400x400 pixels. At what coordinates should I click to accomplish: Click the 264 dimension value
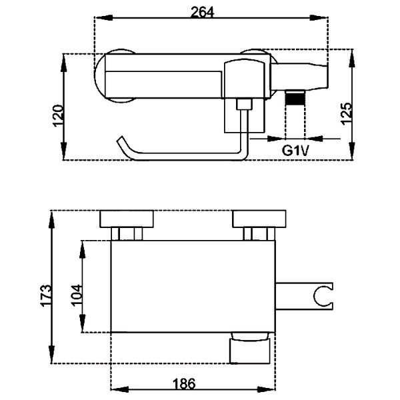(x=203, y=12)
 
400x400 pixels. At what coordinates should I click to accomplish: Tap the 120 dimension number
(x=58, y=115)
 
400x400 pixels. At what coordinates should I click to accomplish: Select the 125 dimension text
(x=347, y=113)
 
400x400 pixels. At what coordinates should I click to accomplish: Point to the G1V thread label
(x=295, y=150)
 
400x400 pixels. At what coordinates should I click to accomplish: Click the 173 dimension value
(x=45, y=295)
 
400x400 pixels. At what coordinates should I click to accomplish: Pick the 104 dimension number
(x=76, y=295)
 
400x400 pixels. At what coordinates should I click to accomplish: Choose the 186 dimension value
(x=184, y=383)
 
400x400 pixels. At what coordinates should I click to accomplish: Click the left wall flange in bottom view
(x=127, y=219)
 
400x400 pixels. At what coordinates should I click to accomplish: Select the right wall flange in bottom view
(x=259, y=219)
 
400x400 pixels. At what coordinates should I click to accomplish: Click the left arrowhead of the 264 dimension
(x=103, y=17)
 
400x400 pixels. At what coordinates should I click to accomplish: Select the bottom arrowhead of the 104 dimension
(x=83, y=323)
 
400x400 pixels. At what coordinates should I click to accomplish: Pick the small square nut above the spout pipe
(x=245, y=104)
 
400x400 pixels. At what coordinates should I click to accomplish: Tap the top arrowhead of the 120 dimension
(x=63, y=63)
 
